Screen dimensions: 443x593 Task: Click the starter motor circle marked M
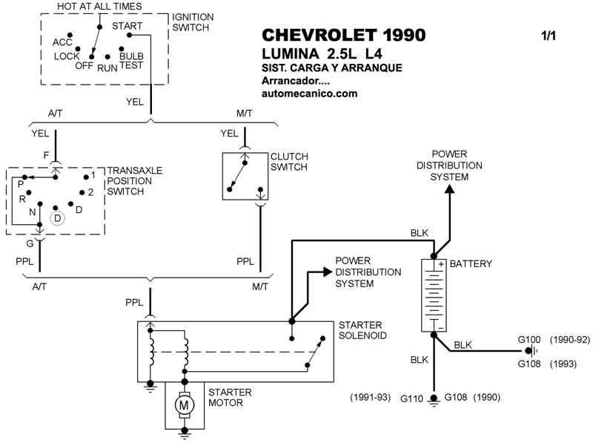point(182,405)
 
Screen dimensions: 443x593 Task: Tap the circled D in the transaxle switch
point(56,218)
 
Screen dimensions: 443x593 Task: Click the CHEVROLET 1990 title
point(344,36)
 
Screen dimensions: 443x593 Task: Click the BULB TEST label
point(131,61)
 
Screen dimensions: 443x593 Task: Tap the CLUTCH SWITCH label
point(289,162)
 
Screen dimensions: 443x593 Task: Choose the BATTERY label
point(471,263)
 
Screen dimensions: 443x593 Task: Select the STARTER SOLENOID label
point(361,330)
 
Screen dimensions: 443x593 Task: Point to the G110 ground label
point(412,398)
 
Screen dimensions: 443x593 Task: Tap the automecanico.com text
point(310,93)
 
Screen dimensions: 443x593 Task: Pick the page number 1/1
point(549,36)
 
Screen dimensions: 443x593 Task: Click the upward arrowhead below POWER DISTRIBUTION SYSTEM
point(449,188)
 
